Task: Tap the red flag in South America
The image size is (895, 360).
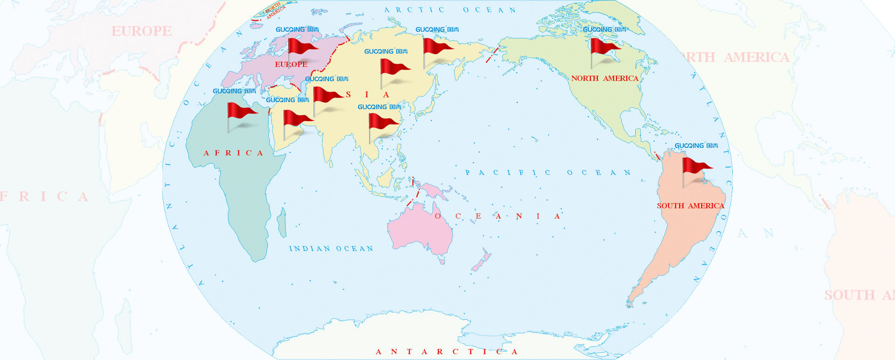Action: (696, 166)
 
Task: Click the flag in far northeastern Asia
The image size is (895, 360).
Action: (437, 46)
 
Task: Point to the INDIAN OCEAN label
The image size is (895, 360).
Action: (331, 249)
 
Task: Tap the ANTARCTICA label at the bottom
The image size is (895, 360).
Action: (447, 352)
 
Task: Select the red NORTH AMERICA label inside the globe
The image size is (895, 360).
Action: (605, 78)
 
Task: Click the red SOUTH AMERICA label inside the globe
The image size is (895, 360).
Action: (690, 206)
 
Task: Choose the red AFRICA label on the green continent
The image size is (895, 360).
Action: (233, 153)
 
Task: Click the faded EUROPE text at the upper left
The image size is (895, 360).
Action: (141, 31)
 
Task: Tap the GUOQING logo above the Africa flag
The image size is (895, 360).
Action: (234, 91)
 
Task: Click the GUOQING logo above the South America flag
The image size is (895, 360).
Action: (696, 145)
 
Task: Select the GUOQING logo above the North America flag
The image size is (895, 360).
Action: (604, 29)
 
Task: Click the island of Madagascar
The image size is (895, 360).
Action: (282, 222)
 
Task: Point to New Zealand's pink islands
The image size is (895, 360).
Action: (481, 262)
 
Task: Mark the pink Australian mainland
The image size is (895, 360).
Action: (420, 231)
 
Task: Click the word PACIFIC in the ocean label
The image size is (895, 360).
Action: (508, 173)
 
